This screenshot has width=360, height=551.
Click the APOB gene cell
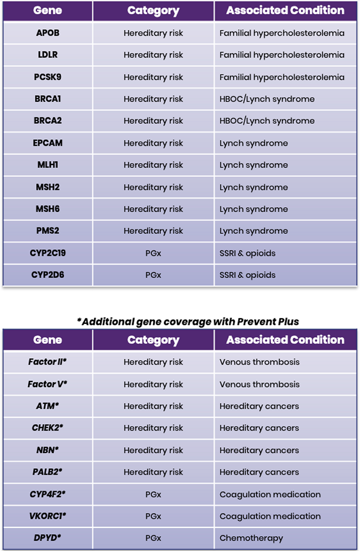[x=48, y=33]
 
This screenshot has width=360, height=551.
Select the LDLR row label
[x=48, y=55]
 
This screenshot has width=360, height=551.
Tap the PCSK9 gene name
[x=48, y=77]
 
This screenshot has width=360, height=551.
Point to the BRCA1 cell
[x=48, y=99]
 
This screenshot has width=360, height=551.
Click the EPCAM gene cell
[x=48, y=143]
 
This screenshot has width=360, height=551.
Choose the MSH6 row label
[x=48, y=209]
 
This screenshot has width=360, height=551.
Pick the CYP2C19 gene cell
[x=48, y=253]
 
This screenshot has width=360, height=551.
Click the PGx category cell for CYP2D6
[x=153, y=275]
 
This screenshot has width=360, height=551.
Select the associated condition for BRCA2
[x=267, y=121]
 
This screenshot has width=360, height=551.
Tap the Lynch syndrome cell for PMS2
[x=254, y=231]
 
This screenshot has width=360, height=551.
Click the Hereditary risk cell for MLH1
[x=153, y=165]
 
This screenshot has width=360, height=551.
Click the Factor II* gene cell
[x=48, y=362]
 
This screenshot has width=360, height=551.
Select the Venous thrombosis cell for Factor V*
[x=259, y=384]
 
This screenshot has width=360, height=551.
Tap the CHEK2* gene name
[x=48, y=428]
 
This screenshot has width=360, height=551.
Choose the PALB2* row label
[x=48, y=472]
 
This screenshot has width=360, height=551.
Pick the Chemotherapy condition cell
[x=251, y=538]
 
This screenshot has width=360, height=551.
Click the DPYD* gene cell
[x=48, y=538]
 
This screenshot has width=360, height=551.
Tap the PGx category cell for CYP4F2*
[x=153, y=494]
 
